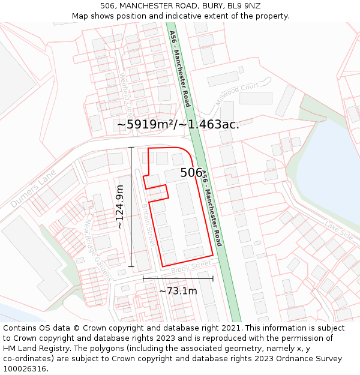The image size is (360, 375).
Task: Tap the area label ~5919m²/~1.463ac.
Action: point(178,124)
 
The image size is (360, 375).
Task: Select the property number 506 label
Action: point(191,173)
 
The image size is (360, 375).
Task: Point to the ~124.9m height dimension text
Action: point(119,206)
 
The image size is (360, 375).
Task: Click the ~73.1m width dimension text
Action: point(178,291)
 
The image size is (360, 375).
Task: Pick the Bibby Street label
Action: point(191,267)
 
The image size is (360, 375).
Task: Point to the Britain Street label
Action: point(148,223)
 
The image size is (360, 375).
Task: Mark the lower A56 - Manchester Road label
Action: point(212,208)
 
